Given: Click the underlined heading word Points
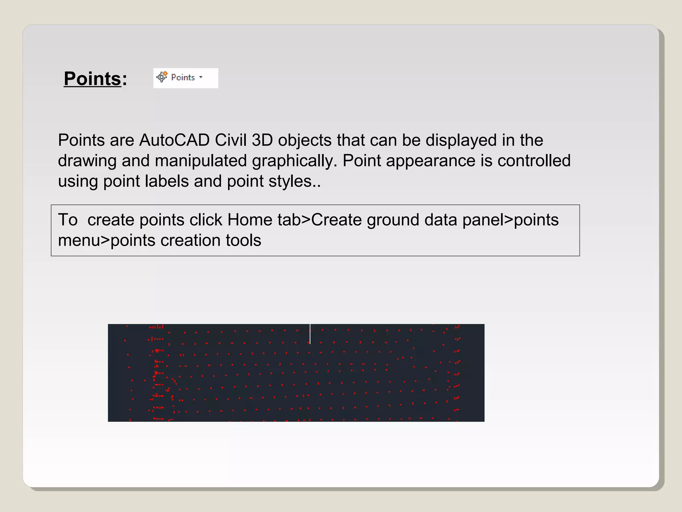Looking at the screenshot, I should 92,79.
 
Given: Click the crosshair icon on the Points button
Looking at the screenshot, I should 162,77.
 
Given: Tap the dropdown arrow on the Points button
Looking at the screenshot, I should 201,77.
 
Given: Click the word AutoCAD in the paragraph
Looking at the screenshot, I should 174,140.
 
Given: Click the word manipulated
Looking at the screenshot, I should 201,161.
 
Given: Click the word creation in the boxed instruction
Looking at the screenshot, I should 190,240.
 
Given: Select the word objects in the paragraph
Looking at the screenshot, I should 305,140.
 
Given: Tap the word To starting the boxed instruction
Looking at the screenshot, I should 68,220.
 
